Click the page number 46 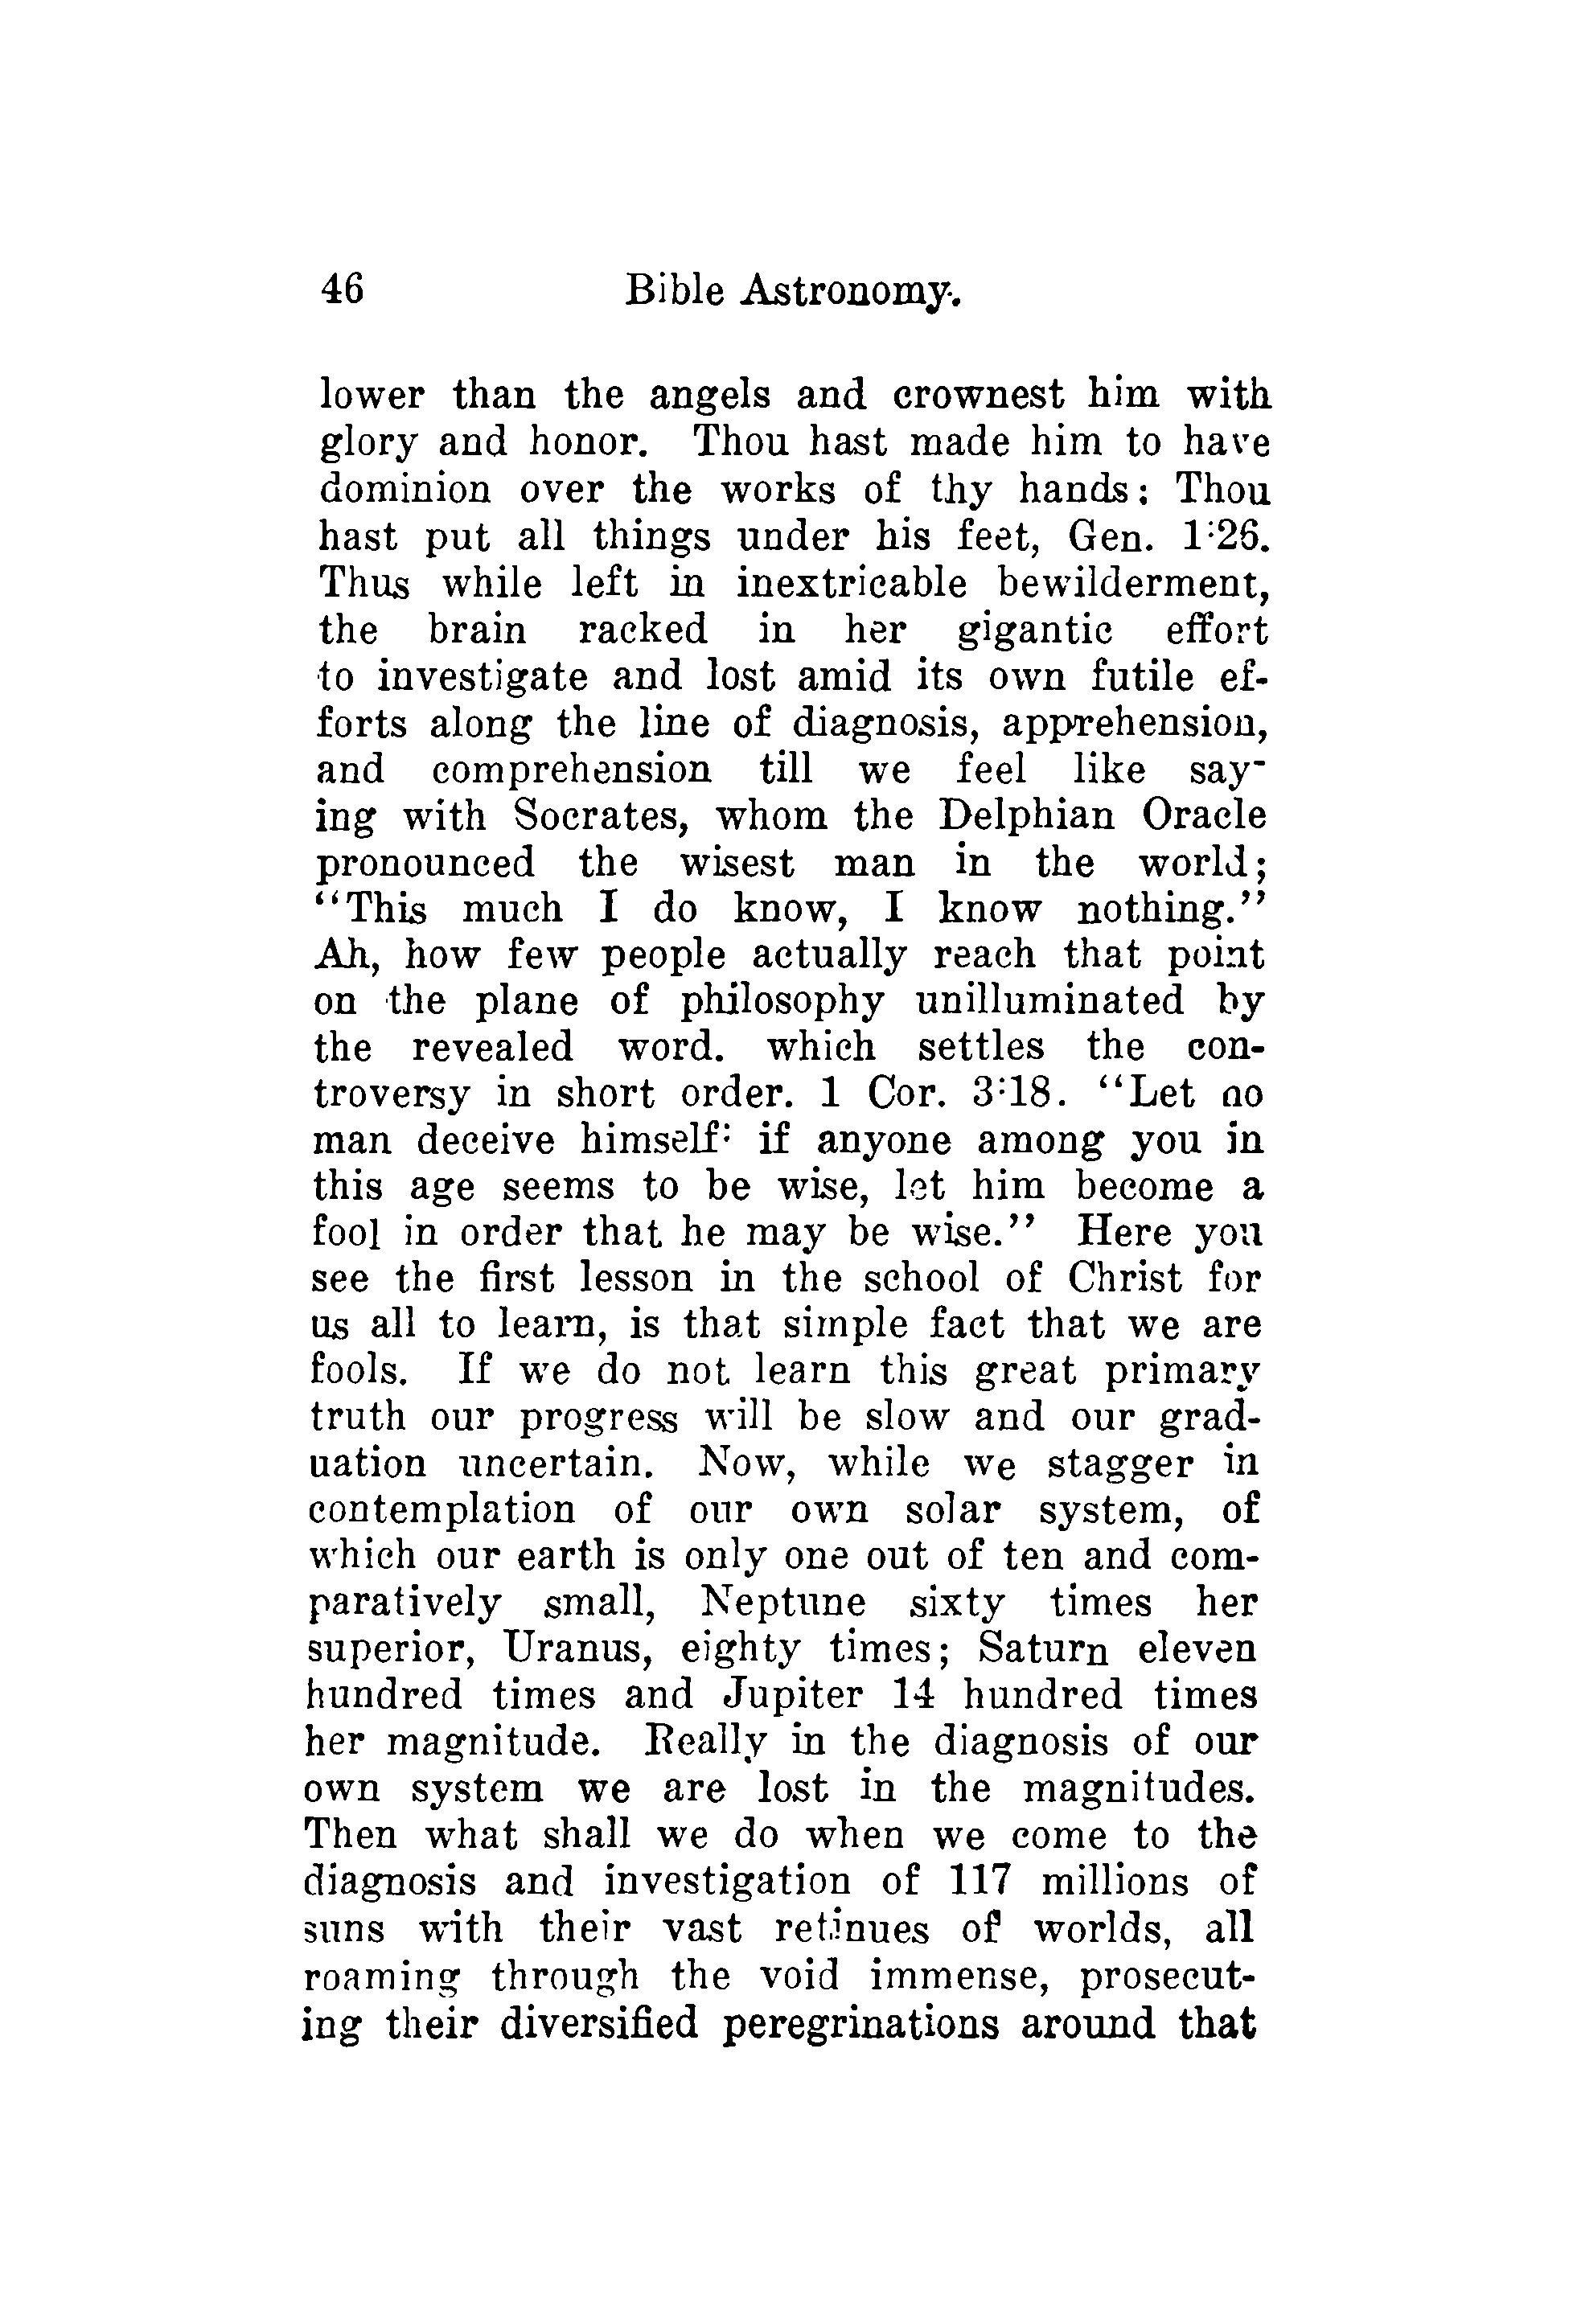point(342,290)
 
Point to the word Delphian point(1026,816)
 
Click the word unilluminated point(1049,1001)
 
